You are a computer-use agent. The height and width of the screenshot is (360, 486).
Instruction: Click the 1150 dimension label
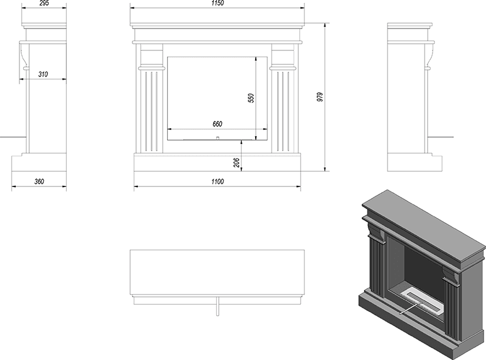(217, 3)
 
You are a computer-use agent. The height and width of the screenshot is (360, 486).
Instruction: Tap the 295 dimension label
(44, 3)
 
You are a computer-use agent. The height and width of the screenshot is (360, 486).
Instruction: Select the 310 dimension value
(43, 74)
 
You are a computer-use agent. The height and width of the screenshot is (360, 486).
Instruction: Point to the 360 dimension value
(39, 182)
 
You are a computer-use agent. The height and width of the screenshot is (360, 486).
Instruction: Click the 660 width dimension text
(217, 124)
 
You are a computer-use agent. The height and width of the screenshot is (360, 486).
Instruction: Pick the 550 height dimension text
(251, 98)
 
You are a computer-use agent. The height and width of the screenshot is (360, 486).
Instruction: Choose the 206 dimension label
(237, 163)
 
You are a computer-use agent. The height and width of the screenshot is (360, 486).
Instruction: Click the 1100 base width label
(217, 182)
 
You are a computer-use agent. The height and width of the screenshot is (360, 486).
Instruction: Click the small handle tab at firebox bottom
(217, 138)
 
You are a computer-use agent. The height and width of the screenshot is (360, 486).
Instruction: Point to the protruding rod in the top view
(217, 307)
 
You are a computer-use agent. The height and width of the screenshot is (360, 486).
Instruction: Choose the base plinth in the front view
(217, 162)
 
